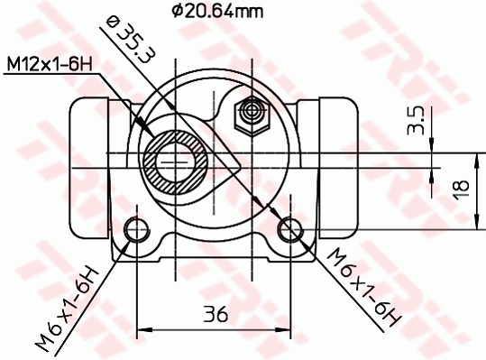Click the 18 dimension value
pyautogui.click(x=460, y=188)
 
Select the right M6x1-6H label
pyautogui.click(x=362, y=286)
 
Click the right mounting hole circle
pyautogui.click(x=290, y=229)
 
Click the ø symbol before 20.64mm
pyautogui.click(x=177, y=12)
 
